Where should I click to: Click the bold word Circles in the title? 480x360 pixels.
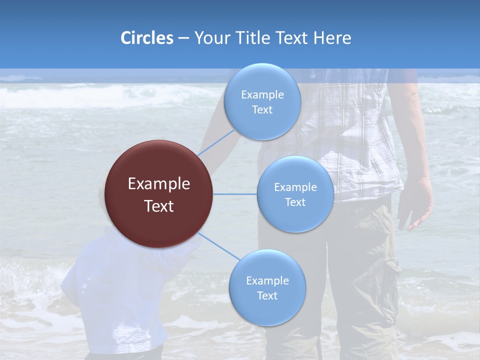146,38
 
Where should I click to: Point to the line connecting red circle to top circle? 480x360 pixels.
216,142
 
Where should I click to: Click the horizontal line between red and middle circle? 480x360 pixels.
235,194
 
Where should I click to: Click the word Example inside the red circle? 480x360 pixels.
159,184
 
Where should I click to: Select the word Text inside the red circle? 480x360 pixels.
159,206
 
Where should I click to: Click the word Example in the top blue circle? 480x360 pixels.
262,95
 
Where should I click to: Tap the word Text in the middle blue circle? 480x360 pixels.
295,202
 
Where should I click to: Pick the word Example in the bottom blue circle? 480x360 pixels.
267,281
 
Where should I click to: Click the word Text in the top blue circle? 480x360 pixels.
262,110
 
